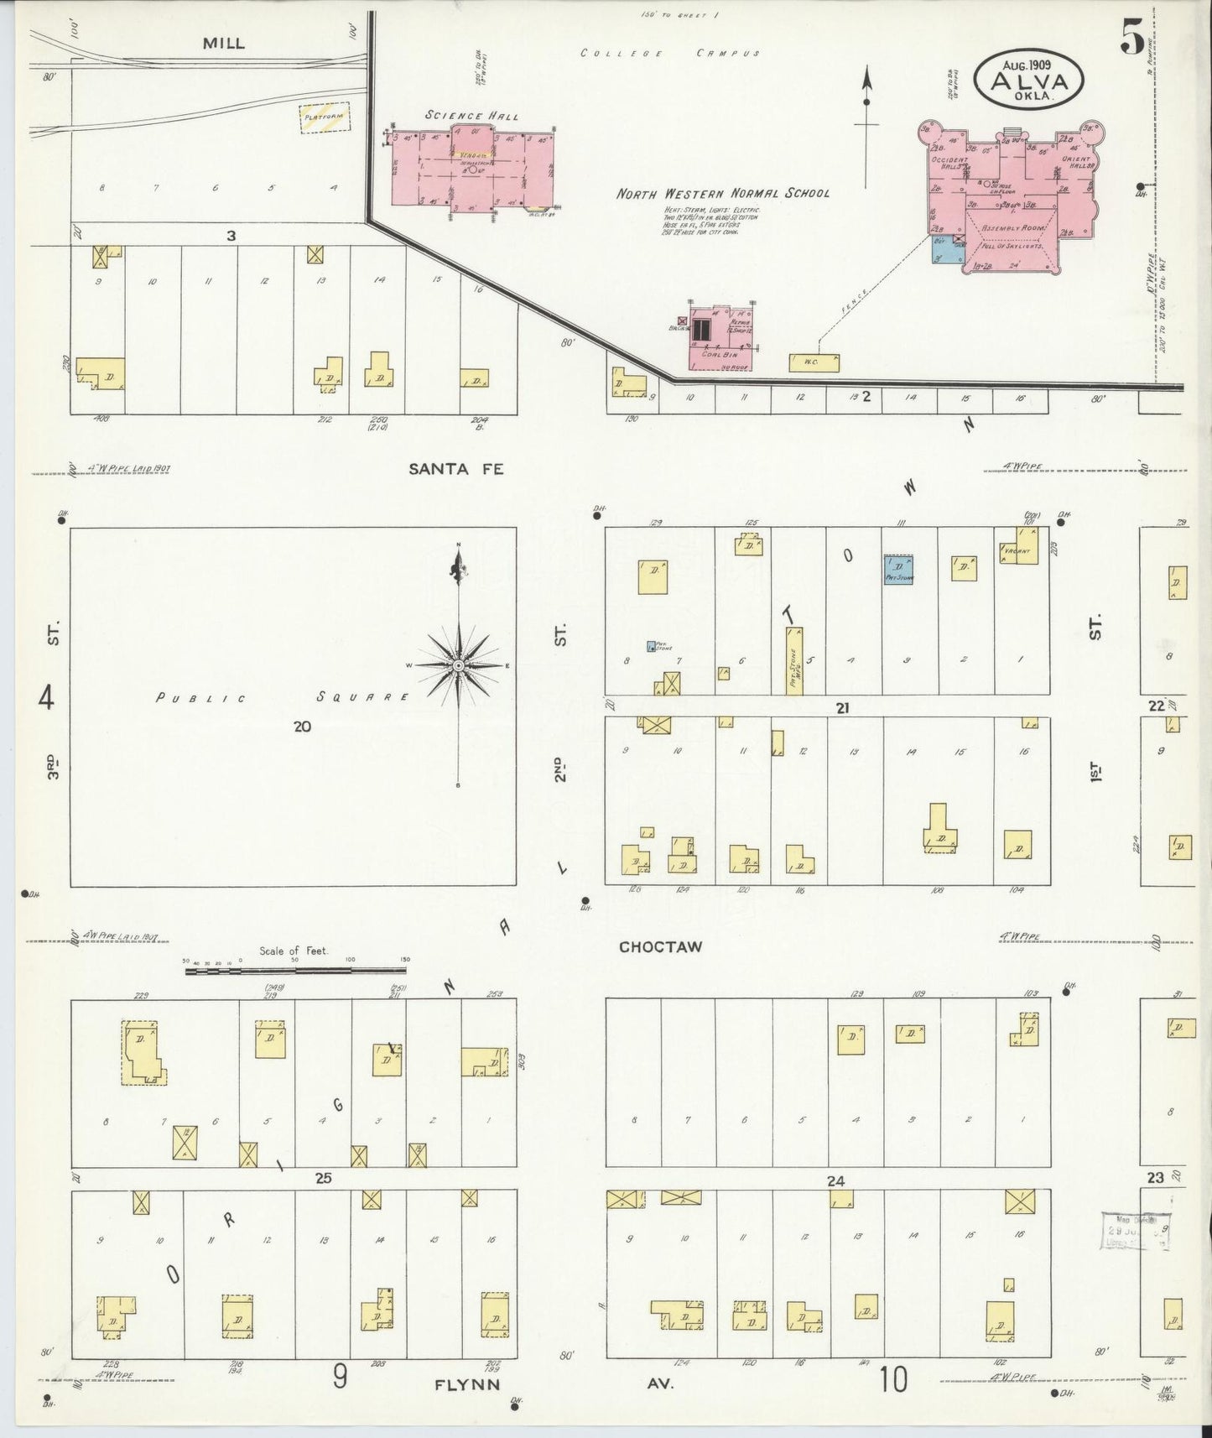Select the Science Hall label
[471, 115]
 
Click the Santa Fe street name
[456, 469]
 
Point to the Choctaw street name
[660, 946]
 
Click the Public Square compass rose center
[458, 665]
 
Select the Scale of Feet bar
[298, 971]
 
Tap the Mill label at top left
[224, 43]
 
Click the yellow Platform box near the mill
[325, 118]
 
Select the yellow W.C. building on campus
[814, 362]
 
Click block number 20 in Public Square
[302, 727]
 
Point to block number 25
[323, 1178]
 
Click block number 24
[835, 1180]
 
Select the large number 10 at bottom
[893, 1378]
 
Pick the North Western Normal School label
[723, 193]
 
